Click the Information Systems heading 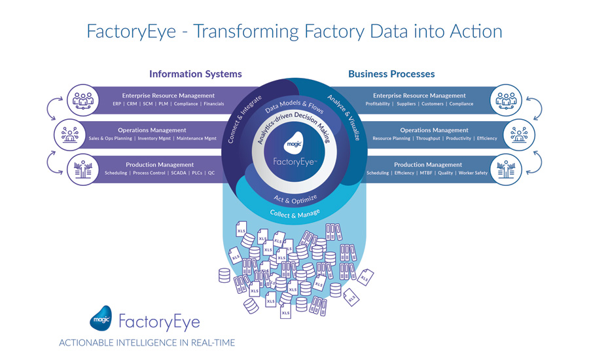195,74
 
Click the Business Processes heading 391,74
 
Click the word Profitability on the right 378,104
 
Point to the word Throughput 429,138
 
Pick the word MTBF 427,173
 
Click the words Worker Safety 473,173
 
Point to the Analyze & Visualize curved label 343,117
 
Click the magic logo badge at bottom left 100,319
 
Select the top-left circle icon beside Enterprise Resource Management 83,100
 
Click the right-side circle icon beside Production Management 506,169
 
